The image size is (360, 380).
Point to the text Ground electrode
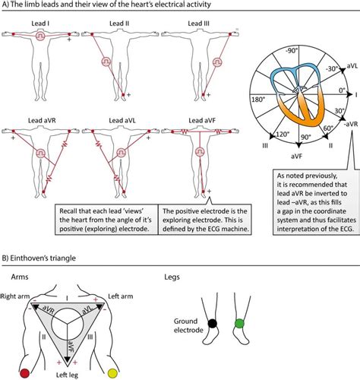pos(188,328)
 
